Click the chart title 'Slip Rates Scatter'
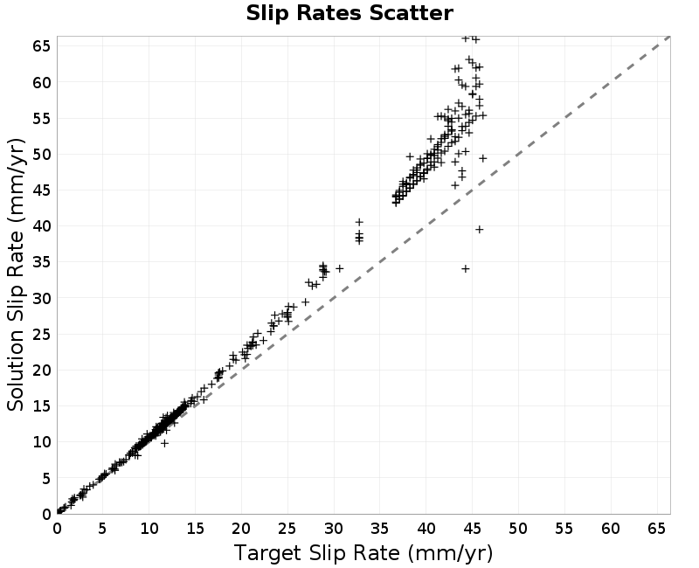tap(349, 13)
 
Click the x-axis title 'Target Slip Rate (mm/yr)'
tap(363, 554)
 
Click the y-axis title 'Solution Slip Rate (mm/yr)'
tap(16, 274)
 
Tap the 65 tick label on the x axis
tap(656, 529)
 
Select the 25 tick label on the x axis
tap(287, 529)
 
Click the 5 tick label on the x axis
tap(103, 529)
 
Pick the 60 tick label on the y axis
tap(42, 82)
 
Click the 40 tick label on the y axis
tap(42, 226)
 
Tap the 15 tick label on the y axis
tap(42, 405)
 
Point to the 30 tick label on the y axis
tap(42, 298)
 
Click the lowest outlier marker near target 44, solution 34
tap(466, 269)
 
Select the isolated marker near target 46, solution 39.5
tap(479, 230)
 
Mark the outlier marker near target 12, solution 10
tap(164, 443)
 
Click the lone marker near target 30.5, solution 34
tap(340, 268)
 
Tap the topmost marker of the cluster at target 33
tap(359, 222)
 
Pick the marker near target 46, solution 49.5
tap(483, 158)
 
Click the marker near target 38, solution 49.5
tap(410, 156)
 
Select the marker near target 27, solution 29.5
tap(305, 301)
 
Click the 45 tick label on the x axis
tap(472, 529)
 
